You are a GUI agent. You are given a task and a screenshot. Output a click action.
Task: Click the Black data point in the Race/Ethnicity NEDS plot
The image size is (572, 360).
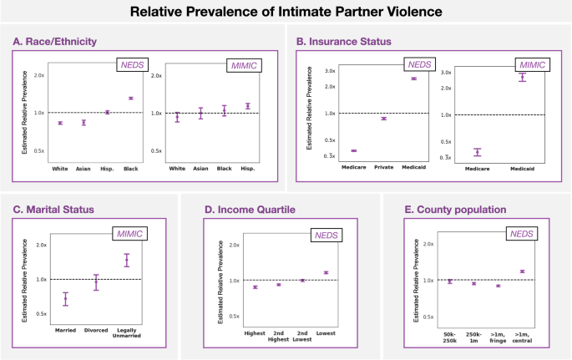(x=130, y=99)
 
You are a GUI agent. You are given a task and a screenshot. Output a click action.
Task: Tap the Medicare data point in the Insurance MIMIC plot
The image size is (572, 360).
(x=478, y=152)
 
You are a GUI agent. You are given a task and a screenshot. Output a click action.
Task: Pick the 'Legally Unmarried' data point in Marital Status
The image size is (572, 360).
(x=127, y=260)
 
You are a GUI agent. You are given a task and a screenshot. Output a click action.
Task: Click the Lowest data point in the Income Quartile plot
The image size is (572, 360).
(x=326, y=272)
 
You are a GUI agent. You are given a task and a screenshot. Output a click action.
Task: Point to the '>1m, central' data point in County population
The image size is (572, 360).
(x=522, y=271)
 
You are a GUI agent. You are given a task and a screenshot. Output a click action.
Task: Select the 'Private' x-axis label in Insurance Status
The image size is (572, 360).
(x=383, y=167)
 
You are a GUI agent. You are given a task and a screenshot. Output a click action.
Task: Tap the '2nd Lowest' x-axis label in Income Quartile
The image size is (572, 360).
(x=302, y=337)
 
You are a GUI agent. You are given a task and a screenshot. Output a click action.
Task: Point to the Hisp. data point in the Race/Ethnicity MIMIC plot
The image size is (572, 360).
(x=247, y=106)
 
